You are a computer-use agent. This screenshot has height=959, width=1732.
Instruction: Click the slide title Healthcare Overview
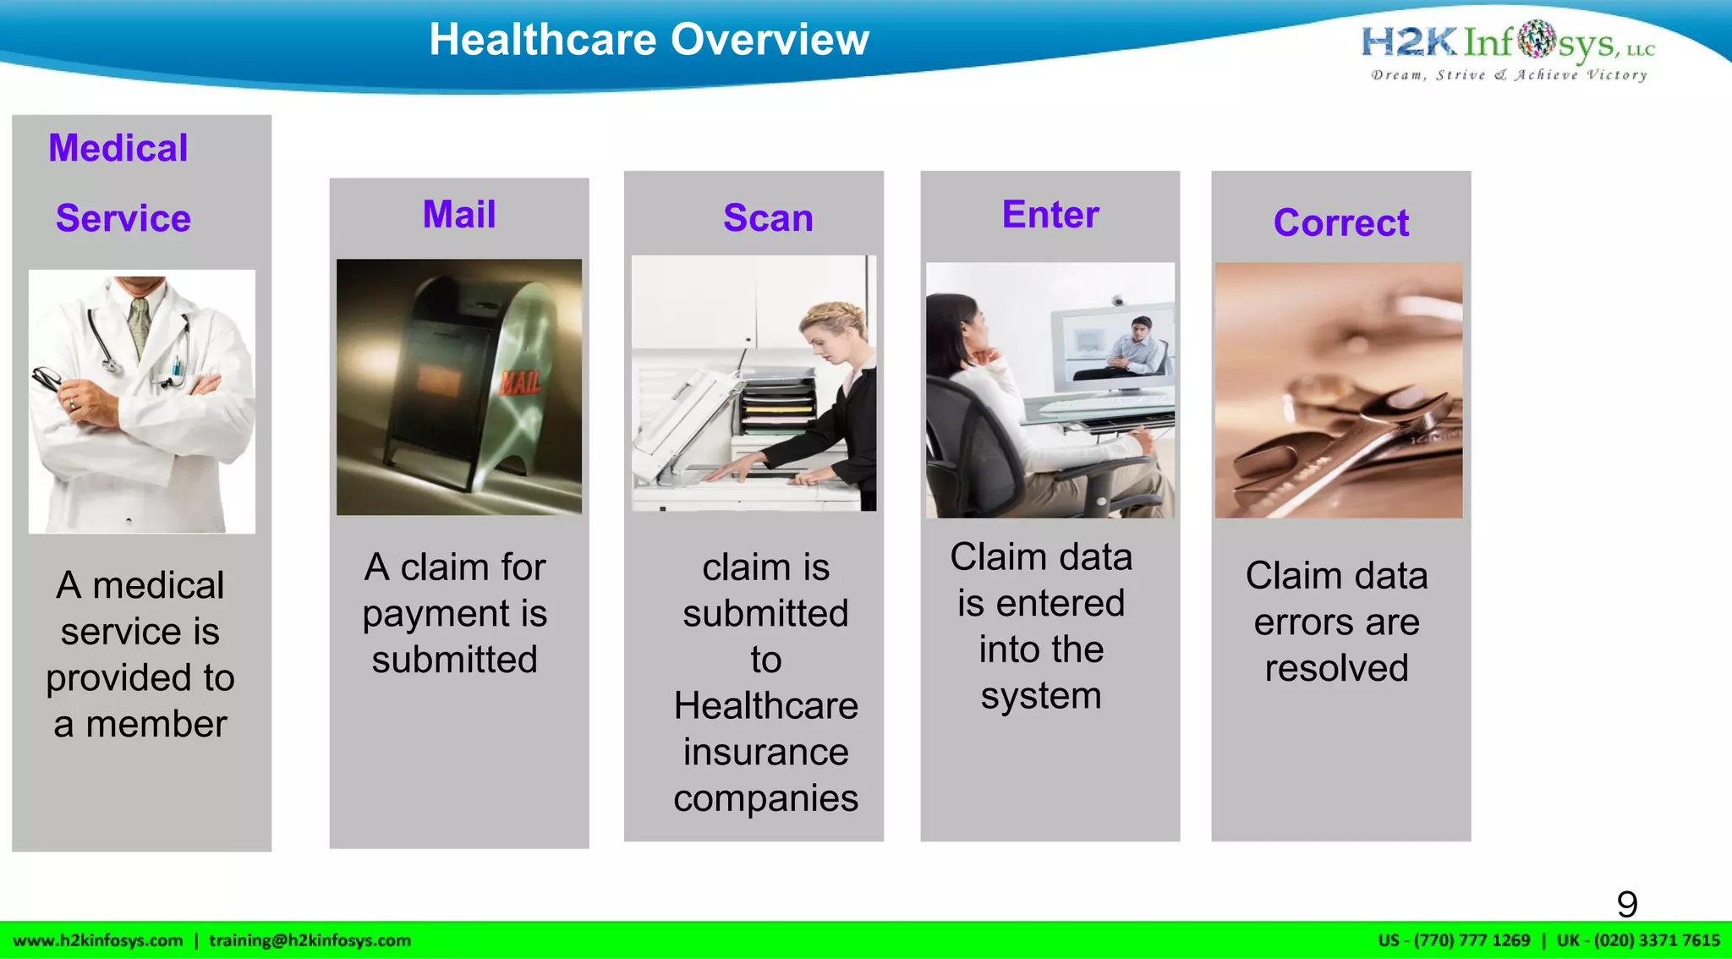[x=649, y=40]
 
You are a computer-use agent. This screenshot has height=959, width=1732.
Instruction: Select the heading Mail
[x=459, y=214]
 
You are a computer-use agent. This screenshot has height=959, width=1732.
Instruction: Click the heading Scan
[x=768, y=217]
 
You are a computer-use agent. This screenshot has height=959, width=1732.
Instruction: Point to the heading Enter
[x=1050, y=214]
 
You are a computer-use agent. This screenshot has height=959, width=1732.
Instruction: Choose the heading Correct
[x=1341, y=222]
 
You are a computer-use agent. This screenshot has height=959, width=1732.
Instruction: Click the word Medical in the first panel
[x=118, y=148]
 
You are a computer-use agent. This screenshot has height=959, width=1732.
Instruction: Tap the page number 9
[x=1627, y=904]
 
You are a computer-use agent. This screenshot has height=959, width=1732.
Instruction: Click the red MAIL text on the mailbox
[x=519, y=382]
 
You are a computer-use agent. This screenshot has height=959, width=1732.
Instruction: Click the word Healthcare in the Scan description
[x=765, y=705]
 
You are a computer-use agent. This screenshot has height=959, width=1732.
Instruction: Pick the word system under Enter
[x=1041, y=696]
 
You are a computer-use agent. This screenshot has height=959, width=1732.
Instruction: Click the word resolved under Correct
[x=1336, y=668]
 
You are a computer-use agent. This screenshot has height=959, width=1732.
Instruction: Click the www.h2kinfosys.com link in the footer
[x=98, y=940]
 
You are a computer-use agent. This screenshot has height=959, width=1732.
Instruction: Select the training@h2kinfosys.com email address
[x=310, y=940]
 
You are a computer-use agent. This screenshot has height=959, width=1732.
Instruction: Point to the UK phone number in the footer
[x=1638, y=940]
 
